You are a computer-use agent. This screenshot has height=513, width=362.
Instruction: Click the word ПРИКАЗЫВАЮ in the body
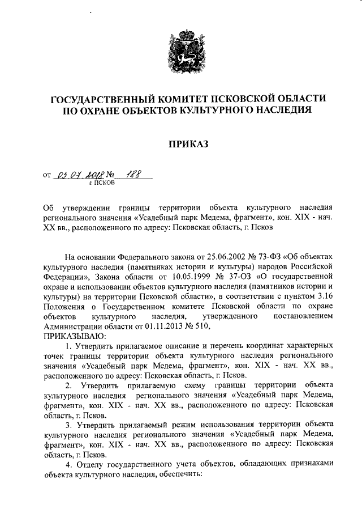click(70, 336)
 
